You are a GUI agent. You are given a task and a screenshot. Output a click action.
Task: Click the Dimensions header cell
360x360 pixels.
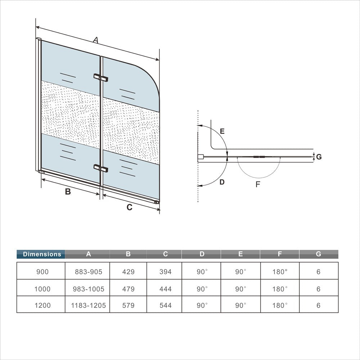pyautogui.click(x=41, y=254)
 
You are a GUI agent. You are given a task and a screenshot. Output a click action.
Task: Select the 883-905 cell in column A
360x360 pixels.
pyautogui.click(x=89, y=272)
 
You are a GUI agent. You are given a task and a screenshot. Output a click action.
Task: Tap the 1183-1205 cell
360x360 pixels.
pyautogui.click(x=89, y=305)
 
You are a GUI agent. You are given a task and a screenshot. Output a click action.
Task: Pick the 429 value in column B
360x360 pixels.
pyautogui.click(x=128, y=272)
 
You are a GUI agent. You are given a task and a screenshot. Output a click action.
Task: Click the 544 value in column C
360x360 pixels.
pyautogui.click(x=165, y=305)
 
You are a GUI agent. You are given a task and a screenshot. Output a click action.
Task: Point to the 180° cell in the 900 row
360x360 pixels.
pyautogui.click(x=280, y=272)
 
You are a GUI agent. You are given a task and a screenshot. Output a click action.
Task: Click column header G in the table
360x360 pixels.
pyautogui.click(x=318, y=254)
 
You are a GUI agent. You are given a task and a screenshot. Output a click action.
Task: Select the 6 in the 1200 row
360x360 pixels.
pyautogui.click(x=318, y=305)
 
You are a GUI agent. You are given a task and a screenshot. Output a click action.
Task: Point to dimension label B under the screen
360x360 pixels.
pyautogui.click(x=68, y=192)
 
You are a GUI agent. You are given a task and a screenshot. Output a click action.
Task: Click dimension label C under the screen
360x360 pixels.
pyautogui.click(x=130, y=207)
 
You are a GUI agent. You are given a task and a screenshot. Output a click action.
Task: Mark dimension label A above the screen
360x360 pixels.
pyautogui.click(x=95, y=40)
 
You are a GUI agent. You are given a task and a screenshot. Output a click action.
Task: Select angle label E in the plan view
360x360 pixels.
pyautogui.click(x=222, y=131)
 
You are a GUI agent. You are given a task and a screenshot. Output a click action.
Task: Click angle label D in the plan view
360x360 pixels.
pyautogui.click(x=222, y=182)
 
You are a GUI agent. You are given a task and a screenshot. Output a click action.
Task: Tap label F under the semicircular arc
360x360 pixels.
pyautogui.click(x=258, y=184)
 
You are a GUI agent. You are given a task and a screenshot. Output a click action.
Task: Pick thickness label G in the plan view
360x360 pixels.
pyautogui.click(x=319, y=157)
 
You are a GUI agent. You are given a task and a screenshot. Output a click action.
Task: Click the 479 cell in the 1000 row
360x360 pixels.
pyautogui.click(x=128, y=289)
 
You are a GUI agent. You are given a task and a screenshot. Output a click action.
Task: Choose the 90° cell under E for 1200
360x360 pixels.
pyautogui.click(x=240, y=305)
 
